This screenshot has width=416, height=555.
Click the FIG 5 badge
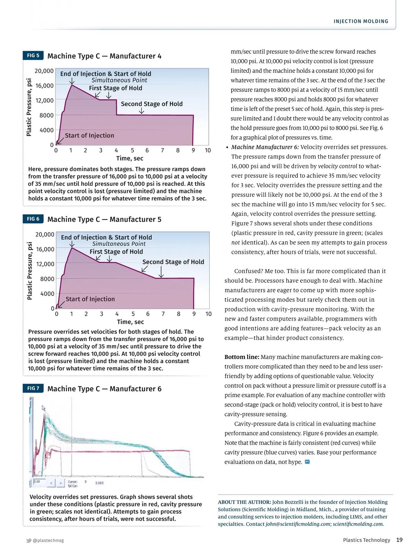click(x=33, y=55)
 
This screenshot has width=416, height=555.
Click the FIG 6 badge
click(x=33, y=219)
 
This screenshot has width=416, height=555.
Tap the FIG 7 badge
click(x=33, y=388)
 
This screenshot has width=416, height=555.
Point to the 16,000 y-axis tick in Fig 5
click(x=44, y=86)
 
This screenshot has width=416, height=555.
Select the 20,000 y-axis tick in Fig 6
click(x=45, y=234)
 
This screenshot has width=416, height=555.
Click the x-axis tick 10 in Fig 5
click(x=208, y=150)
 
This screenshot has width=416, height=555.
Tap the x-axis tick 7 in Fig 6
click(x=163, y=314)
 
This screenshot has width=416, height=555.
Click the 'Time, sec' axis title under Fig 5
click(x=130, y=159)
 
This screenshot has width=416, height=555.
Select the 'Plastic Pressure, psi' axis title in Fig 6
click(x=29, y=271)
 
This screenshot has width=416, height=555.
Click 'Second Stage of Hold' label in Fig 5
click(x=151, y=104)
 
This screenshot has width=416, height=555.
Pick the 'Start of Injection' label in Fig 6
click(x=90, y=299)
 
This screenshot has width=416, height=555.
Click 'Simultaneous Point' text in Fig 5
click(x=119, y=80)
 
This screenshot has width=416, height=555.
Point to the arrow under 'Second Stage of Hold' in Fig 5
click(x=141, y=111)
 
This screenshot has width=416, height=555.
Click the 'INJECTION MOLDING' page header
click(x=361, y=22)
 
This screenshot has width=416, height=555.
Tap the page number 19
click(x=399, y=540)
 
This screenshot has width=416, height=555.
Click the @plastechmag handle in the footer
click(x=48, y=540)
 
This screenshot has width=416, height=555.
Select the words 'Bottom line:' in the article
click(x=242, y=357)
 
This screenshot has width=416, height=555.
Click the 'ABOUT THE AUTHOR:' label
click(x=244, y=502)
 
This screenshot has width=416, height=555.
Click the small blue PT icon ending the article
click(x=307, y=462)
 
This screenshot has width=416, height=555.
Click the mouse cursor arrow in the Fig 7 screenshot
click(x=44, y=408)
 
